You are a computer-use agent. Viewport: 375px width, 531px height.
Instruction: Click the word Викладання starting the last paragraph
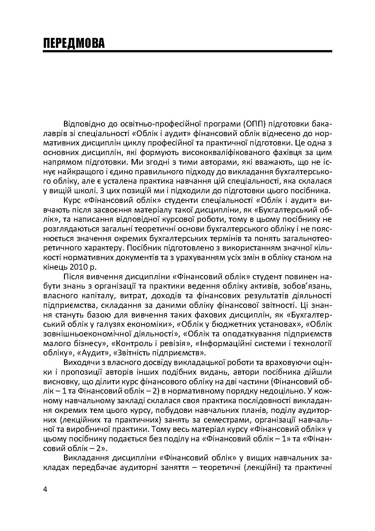[83, 457]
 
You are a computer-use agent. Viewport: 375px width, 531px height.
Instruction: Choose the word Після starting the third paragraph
[74, 276]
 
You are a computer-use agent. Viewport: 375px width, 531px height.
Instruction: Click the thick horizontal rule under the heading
[187, 51]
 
